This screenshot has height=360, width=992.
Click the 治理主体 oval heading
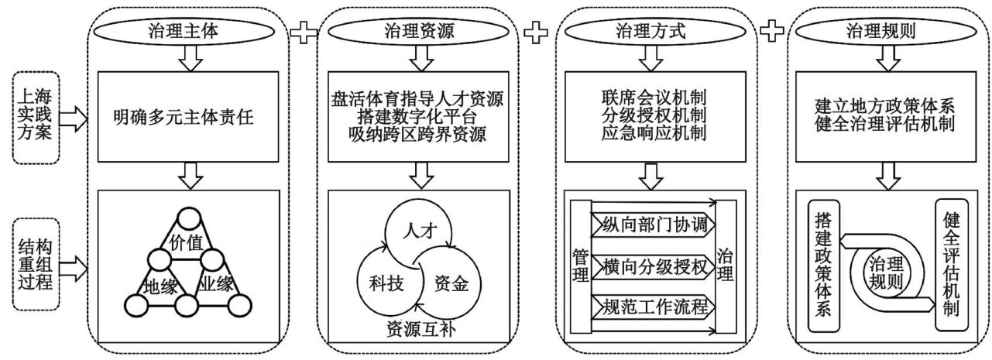[185, 32]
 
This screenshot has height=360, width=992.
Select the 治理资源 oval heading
[419, 32]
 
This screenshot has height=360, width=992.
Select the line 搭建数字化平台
[417, 118]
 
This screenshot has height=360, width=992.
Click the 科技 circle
[385, 283]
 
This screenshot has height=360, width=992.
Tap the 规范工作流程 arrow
[651, 307]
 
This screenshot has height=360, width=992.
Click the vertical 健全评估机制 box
[951, 266]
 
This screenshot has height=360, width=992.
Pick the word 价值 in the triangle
[185, 243]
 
